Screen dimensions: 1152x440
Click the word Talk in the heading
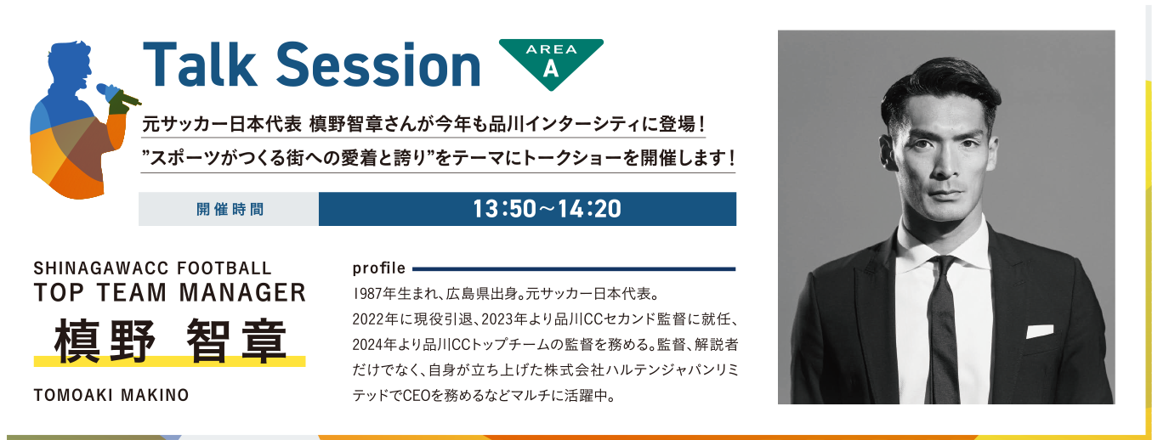200,65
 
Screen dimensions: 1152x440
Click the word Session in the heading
379,65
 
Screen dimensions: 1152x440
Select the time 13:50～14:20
547,209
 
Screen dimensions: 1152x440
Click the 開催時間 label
230,209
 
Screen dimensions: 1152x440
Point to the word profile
379,268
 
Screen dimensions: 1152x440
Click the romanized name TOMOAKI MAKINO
111,395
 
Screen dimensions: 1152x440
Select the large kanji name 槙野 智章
170,341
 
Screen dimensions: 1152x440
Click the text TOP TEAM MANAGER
170,292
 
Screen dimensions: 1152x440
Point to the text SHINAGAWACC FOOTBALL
152,268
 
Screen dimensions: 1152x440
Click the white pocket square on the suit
1040,331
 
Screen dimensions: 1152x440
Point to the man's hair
943,90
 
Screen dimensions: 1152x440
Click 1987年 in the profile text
374,294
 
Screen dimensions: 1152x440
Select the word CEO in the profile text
416,396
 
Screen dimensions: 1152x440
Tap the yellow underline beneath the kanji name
170,361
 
